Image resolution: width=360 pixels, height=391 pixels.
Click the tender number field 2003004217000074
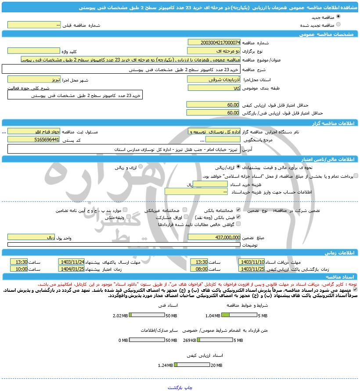point(214,43)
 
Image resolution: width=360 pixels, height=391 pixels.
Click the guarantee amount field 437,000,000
point(214,237)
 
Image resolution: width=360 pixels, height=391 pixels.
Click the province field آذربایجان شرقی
point(214,79)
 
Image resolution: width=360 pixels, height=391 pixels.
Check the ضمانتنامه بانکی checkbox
point(238,210)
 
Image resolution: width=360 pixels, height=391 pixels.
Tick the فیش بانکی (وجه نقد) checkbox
point(238,217)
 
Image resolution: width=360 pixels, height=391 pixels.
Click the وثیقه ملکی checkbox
point(126,217)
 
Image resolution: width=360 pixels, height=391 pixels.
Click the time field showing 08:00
point(199,269)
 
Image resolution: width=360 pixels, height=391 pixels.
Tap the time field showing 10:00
point(19,269)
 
